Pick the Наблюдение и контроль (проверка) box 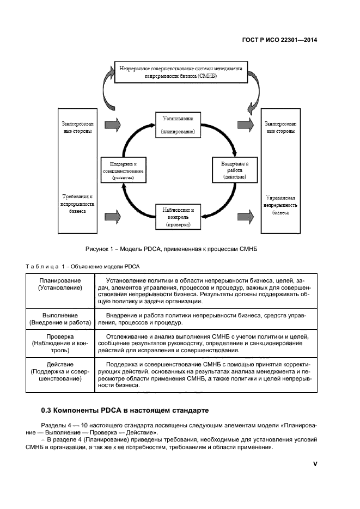click(178, 216)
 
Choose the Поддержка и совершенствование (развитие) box click(123, 170)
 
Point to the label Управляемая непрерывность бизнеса click(281, 205)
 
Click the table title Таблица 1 click(83, 266)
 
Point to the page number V click(315, 464)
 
